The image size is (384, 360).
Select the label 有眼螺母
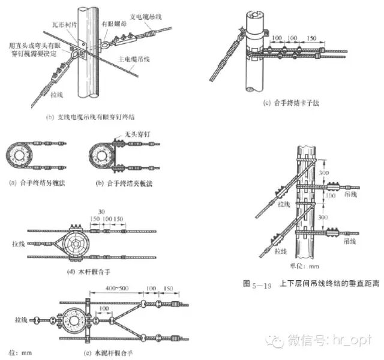pyautogui.click(x=113, y=26)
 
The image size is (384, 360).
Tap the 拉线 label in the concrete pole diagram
pyautogui.click(x=19, y=320)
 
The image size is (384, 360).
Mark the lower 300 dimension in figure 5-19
pyautogui.click(x=324, y=217)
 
